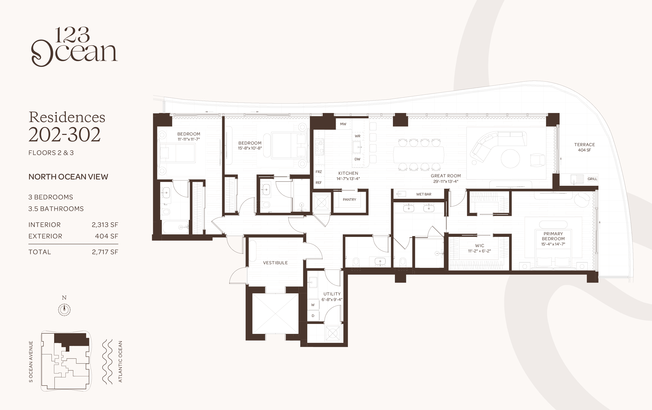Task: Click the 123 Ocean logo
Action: pos(74,47)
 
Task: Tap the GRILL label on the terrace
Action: pos(592,179)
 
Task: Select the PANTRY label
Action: pos(349,199)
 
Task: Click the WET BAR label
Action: pos(424,194)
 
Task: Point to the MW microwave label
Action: pos(343,124)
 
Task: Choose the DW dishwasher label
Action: pos(357,159)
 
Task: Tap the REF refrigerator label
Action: pos(319,183)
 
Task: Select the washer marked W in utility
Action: pos(313,305)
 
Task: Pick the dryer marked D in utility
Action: pos(313,316)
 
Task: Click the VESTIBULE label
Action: pos(275,263)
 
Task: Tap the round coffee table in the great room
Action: pos(510,159)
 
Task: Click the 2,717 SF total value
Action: pos(105,252)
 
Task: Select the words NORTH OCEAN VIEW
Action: pos(68,177)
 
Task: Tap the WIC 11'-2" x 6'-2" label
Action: pos(480,248)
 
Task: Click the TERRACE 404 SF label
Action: pos(585,147)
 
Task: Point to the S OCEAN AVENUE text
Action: pos(31,362)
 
